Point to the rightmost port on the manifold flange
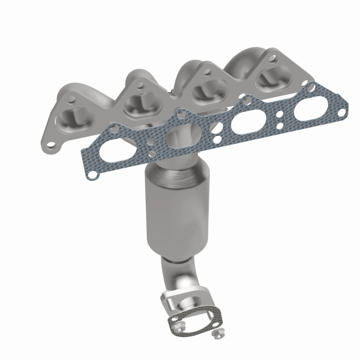pos(270,78)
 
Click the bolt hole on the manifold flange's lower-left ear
pos(54,145)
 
